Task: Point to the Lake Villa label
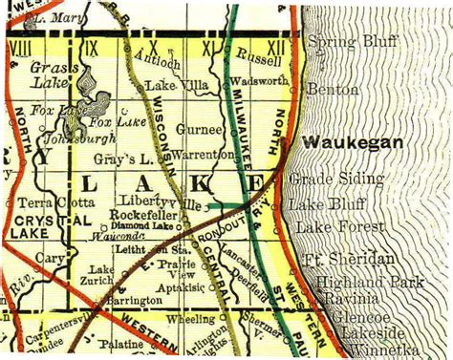click(x=170, y=86)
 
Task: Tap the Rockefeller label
click(x=140, y=215)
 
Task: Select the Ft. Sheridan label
click(x=340, y=261)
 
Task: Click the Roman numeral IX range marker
click(x=91, y=45)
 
